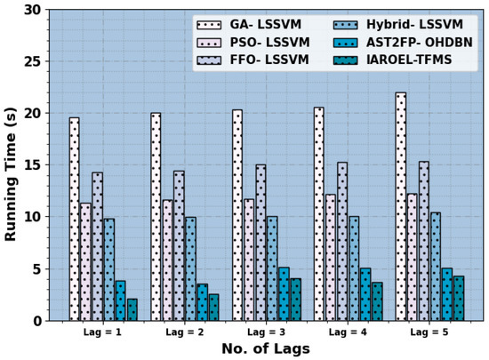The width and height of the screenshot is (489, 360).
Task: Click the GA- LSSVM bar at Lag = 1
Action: coord(74,220)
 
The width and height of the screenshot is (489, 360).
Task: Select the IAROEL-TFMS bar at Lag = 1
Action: coord(132,310)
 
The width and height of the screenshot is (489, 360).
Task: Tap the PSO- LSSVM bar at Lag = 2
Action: coord(167,260)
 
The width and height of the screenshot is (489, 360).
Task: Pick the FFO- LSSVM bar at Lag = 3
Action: coord(261,243)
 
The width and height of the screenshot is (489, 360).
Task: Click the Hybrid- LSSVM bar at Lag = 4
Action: coord(354,268)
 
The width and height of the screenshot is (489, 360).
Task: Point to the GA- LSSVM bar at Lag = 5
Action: coord(401,206)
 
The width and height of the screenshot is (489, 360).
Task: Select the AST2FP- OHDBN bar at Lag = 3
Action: coord(285,294)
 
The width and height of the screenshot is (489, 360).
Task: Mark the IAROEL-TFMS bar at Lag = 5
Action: coord(459,299)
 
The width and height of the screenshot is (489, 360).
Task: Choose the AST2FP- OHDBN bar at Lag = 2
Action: coord(203,302)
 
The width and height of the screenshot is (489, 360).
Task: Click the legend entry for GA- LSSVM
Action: coord(249,24)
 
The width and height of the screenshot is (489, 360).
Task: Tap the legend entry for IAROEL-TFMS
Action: coord(392,60)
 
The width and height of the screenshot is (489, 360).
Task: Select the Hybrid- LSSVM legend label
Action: coord(414,24)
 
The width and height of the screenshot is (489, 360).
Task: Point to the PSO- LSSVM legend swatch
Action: coord(209,43)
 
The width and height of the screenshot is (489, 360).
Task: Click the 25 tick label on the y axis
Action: coord(32,61)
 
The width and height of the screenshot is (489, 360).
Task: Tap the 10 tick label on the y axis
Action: coord(32,217)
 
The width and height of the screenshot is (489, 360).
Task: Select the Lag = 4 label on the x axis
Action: coord(348,332)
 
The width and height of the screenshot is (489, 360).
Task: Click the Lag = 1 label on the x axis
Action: coord(102,332)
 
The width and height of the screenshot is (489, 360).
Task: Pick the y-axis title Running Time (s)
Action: coord(11,174)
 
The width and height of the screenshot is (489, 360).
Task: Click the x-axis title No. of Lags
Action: coord(266,348)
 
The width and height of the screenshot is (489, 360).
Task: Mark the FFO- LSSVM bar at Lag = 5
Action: coord(424,241)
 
